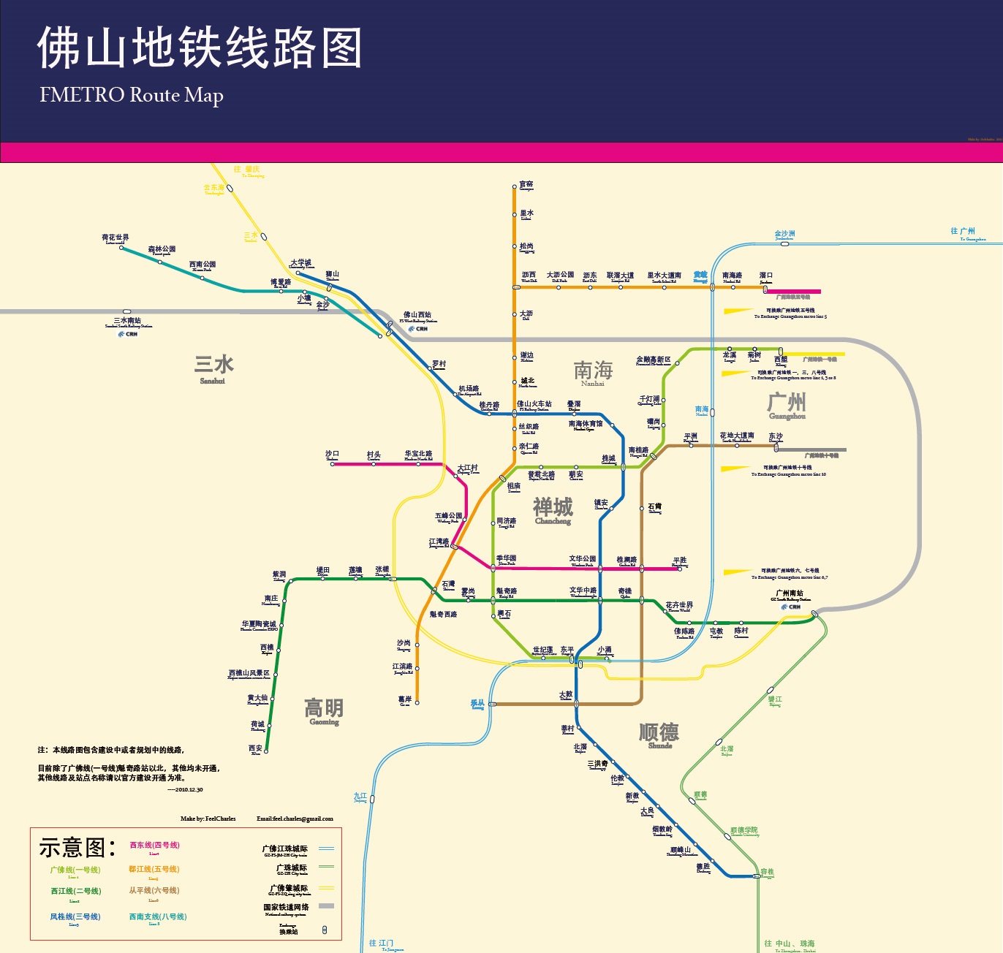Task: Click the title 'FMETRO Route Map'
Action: pos(132,95)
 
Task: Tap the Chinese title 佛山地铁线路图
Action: pos(200,48)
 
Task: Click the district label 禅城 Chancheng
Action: pos(553,510)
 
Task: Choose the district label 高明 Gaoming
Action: pos(324,710)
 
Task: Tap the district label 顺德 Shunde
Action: pos(659,734)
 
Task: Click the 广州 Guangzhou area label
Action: pos(787,405)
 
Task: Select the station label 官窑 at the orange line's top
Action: pos(526,185)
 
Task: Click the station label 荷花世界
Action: pos(116,238)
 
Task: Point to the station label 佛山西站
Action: pos(417,316)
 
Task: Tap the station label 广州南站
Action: pos(790,593)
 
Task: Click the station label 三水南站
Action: pos(127,321)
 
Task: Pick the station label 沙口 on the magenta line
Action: pos(333,455)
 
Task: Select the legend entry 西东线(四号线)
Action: pos(154,846)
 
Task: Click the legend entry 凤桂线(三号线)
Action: pos(75,916)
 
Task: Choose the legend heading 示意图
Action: pos(77,848)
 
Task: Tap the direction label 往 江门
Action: pos(382,943)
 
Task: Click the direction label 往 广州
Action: pos(963,231)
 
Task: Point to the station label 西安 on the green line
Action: pos(255,748)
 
